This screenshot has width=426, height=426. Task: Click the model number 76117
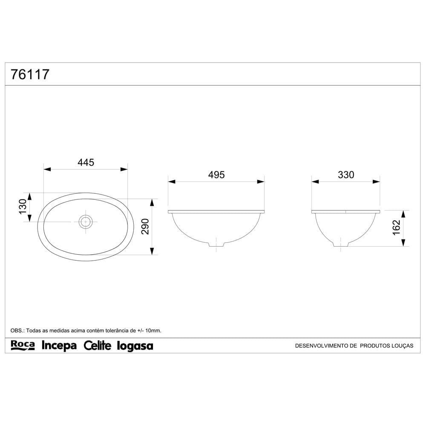pyautogui.click(x=30, y=75)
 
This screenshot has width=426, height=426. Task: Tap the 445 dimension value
pyautogui.click(x=86, y=162)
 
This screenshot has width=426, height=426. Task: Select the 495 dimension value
pyautogui.click(x=216, y=175)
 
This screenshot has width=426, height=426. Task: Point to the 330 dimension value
pyautogui.click(x=346, y=175)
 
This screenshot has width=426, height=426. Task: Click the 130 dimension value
pyautogui.click(x=23, y=207)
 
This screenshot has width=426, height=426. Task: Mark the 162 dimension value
pyautogui.click(x=396, y=228)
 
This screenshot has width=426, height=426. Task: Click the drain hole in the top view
pyautogui.click(x=86, y=221)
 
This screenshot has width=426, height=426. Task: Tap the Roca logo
pyautogui.click(x=22, y=345)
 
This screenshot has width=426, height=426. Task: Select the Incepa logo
pyautogui.click(x=59, y=345)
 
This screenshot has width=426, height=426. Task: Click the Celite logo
pyautogui.click(x=98, y=345)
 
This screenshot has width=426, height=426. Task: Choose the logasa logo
pyautogui.click(x=135, y=346)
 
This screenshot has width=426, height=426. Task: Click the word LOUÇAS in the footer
pyautogui.click(x=403, y=346)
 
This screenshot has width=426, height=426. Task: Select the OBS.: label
pyautogui.click(x=18, y=330)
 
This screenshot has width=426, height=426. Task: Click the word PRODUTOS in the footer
pyautogui.click(x=375, y=346)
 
